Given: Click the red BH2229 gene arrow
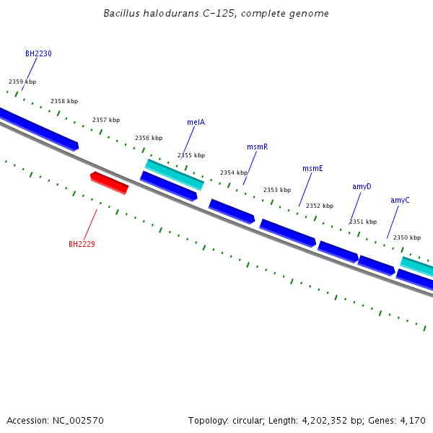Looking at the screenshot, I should coord(109,183).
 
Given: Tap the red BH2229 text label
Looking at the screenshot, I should coord(82,244).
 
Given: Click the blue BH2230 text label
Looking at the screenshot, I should coord(38,53).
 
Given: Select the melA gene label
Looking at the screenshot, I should coord(196,122).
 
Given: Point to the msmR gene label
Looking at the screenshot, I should coord(257,146).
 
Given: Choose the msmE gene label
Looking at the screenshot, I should coord(312,168).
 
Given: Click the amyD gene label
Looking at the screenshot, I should coord(362,186).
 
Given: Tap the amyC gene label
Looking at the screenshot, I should coord(400,200).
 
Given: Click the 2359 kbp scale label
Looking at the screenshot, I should coord(22,82).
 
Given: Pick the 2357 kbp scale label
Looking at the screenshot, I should coord(106,120).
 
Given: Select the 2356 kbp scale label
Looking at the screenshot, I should coord(149,138).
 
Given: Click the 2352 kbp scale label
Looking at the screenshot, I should coord(320,206).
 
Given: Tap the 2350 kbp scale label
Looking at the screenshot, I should coord(406,237).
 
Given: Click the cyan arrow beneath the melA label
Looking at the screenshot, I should coord(175,174).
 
